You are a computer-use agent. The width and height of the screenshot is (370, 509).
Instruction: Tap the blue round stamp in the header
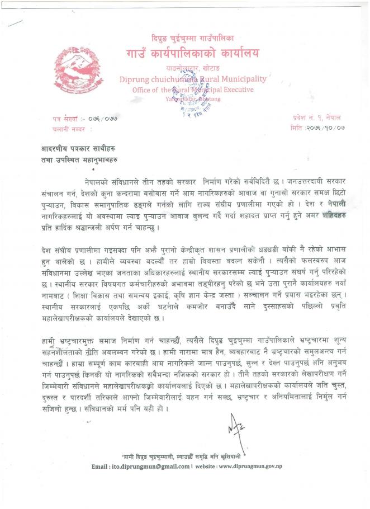pos(189,87)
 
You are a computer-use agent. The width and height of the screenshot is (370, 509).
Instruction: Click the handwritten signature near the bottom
pos(237,429)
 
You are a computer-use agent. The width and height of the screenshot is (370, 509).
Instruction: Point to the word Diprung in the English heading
pos(132,79)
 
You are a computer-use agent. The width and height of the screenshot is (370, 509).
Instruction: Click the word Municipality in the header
pos(242,79)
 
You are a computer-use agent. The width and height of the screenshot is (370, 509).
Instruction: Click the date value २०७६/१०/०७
pos(327,128)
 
